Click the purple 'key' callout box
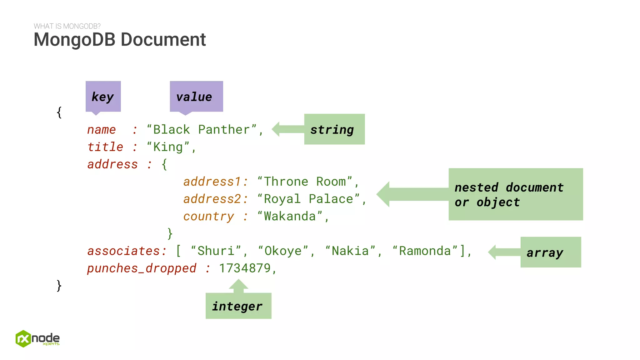tap(103, 96)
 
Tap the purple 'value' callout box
tap(196, 96)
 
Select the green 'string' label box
tap(334, 129)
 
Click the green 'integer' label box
tap(238, 306)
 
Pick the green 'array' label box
tap(550, 252)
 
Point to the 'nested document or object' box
tap(515, 194)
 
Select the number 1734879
tap(245, 268)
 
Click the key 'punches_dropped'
tap(142, 268)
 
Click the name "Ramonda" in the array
tap(425, 251)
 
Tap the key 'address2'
tap(212, 199)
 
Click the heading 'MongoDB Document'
tap(120, 40)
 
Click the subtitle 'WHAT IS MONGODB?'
tap(67, 26)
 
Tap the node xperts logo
tap(37, 339)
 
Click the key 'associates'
tap(124, 251)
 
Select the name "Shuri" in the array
tap(216, 251)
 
